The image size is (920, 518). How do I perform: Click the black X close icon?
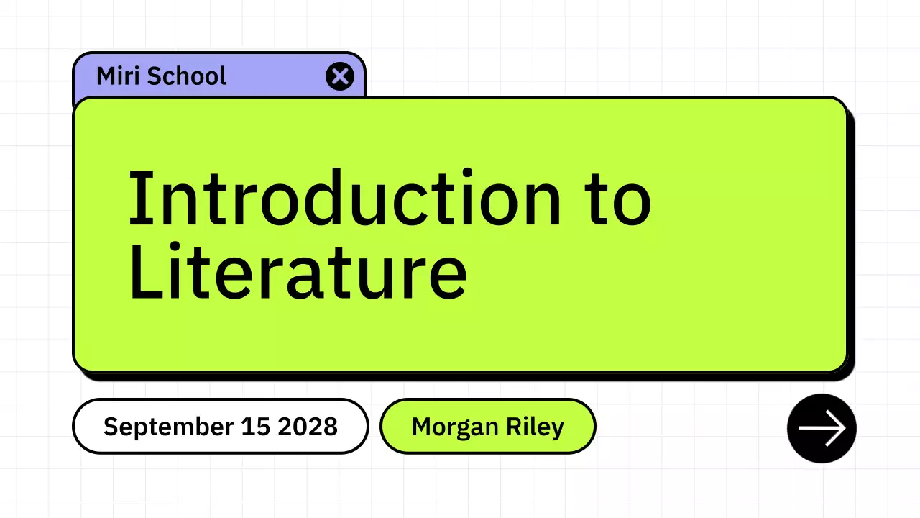340,76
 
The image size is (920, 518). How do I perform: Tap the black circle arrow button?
822,428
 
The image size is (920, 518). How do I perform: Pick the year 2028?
308,426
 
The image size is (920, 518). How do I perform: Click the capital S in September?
111,426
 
